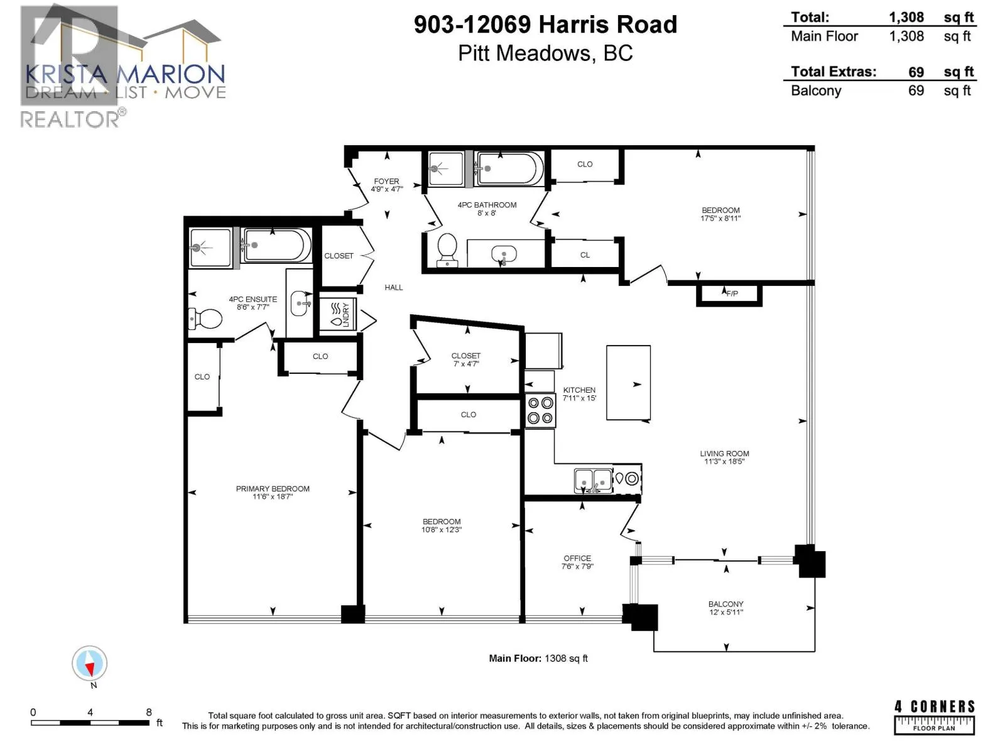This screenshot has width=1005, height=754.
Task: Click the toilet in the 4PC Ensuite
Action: [x=205, y=318]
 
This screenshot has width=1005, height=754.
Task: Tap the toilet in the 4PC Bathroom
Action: [x=447, y=250]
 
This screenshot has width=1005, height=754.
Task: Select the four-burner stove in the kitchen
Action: [x=540, y=411]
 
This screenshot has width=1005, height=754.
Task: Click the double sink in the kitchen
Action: [x=593, y=481]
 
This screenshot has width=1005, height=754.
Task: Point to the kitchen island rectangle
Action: [x=628, y=382]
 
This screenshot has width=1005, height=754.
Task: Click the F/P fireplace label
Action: [x=732, y=293]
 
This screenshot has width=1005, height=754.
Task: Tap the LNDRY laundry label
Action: [x=345, y=314]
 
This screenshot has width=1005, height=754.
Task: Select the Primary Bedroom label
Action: [x=273, y=488]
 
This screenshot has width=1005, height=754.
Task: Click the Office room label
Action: [x=577, y=558]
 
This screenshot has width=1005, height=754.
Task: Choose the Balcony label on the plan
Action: [x=725, y=604]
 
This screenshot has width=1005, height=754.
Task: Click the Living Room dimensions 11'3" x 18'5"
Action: [x=724, y=461]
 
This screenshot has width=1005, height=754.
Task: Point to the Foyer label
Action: [x=386, y=182]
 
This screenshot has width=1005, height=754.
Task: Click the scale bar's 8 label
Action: [x=149, y=712]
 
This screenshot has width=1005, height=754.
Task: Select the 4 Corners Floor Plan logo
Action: [x=934, y=718]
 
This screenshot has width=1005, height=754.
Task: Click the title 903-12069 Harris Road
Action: [x=545, y=25]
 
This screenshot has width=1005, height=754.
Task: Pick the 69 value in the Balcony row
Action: [x=916, y=90]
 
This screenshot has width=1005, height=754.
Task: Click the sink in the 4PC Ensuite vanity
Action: [x=300, y=303]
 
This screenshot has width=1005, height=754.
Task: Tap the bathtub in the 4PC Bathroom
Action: [x=509, y=168]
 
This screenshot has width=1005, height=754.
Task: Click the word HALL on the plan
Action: [x=394, y=288]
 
